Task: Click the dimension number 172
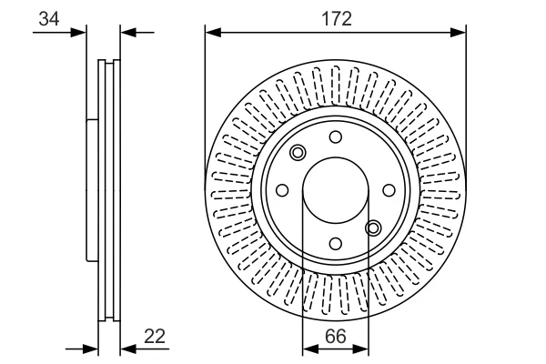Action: coord(337,18)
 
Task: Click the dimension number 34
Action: coord(49,18)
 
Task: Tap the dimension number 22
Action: coord(155,336)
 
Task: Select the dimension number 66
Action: coord(336,336)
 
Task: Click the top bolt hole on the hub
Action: coord(335,136)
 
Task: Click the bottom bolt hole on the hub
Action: coord(335,244)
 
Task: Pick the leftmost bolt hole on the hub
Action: coord(282,190)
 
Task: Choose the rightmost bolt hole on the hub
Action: coord(389,190)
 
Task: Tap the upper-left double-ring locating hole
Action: coord(298,153)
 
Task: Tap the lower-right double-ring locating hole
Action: coord(373,228)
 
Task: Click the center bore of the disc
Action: coord(335,190)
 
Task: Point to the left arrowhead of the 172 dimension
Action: coord(213,33)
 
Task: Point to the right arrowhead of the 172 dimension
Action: coord(458,33)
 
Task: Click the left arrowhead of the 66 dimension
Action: coord(310,349)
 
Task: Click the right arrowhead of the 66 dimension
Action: coord(360,349)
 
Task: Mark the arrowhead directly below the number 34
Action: coord(78,33)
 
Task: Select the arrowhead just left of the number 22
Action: coord(128,349)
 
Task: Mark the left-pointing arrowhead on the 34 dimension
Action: coord(128,33)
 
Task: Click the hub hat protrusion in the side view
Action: coord(92,190)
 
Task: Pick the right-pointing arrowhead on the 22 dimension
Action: coord(90,349)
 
